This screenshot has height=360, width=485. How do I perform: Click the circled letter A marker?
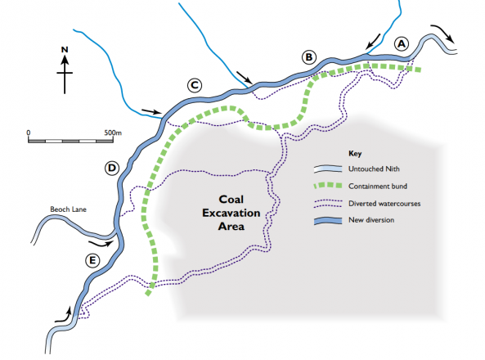[x=401, y=43]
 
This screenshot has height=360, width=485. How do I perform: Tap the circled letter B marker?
[x=308, y=56]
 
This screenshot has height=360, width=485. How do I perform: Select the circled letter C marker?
[x=194, y=84]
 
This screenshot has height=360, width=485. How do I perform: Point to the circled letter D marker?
[x=112, y=169]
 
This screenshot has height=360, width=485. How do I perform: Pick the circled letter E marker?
[x=93, y=261]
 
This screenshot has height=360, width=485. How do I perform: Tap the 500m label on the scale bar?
[x=113, y=131]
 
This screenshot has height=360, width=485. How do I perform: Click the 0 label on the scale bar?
[x=29, y=131]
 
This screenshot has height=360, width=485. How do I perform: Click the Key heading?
[x=355, y=153]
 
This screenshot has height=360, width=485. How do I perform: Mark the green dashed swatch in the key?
[x=328, y=187]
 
